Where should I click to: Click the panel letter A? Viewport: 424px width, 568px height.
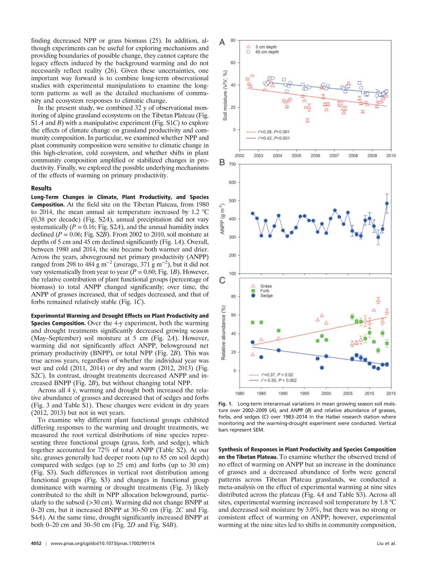[x=222, y=42]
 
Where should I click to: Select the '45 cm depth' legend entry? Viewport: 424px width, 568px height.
[x=267, y=52]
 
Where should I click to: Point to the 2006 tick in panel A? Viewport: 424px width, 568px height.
[x=315, y=156]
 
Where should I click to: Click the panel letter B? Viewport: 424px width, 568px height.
[x=222, y=162]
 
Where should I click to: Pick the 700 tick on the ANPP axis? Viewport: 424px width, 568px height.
[x=232, y=164]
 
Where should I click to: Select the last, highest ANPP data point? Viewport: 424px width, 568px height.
[x=387, y=203]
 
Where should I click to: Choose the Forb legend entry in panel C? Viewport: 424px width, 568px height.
[x=265, y=291]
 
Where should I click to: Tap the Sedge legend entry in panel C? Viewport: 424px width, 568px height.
[x=266, y=296]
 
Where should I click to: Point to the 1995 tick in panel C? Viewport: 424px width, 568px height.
[x=305, y=393]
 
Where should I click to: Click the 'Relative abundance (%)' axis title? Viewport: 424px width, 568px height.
[x=223, y=332]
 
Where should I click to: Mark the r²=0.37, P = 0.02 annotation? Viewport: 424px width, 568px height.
[x=277, y=375]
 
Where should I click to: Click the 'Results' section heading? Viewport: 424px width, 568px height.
[x=41, y=188]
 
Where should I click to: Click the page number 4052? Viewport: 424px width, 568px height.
[x=36, y=543]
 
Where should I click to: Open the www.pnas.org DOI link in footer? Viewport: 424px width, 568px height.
[x=102, y=543]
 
